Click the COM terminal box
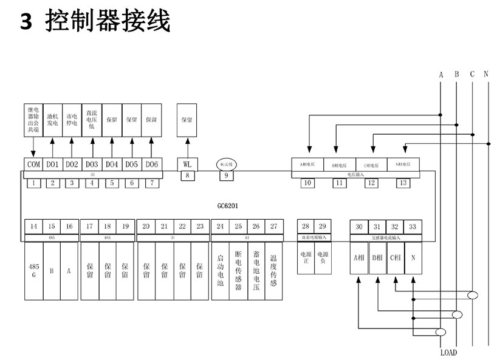pyautogui.click(x=32, y=165)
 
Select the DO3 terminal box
pyautogui.click(x=92, y=165)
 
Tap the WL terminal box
pyautogui.click(x=187, y=165)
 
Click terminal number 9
pyautogui.click(x=227, y=177)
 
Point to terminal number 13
pyautogui.click(x=403, y=183)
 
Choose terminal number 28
pyautogui.click(x=305, y=226)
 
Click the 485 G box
pyautogui.click(x=33, y=271)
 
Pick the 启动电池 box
pyautogui.click(x=220, y=271)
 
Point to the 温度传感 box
pyautogui.click(x=273, y=271)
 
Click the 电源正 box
pyautogui.click(x=306, y=256)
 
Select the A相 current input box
pyautogui.click(x=358, y=257)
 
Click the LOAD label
pyautogui.click(x=448, y=352)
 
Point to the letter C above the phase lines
pyautogui.click(x=471, y=75)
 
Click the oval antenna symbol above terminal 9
pyautogui.click(x=229, y=164)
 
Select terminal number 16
pyautogui.click(x=69, y=226)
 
